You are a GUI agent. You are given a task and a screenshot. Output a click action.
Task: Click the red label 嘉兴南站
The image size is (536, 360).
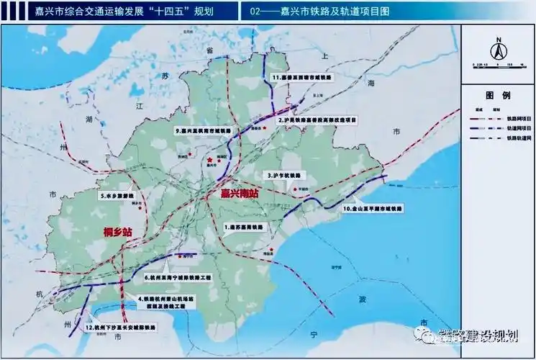240,194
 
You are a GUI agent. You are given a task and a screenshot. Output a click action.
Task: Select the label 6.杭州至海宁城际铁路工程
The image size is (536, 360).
179,276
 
